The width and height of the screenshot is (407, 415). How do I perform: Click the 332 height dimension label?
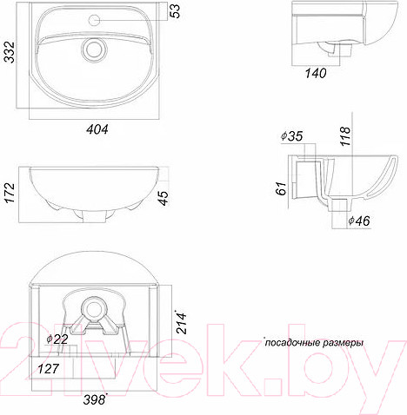pos(10,52)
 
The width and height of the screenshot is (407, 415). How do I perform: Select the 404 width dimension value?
pos(97,129)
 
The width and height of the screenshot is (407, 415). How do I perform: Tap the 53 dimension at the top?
pos(175,11)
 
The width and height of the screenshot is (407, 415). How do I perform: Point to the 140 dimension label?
pos(316,73)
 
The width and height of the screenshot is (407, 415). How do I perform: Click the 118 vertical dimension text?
pos(345,136)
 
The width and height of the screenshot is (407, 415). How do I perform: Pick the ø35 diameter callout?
pos(291,136)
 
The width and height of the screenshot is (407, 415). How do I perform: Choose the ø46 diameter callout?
pos(359,221)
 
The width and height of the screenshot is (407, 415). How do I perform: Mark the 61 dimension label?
pos(281,188)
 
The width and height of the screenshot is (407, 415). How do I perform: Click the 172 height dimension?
pos(10,193)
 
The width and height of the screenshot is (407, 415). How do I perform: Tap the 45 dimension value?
pos(164,198)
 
